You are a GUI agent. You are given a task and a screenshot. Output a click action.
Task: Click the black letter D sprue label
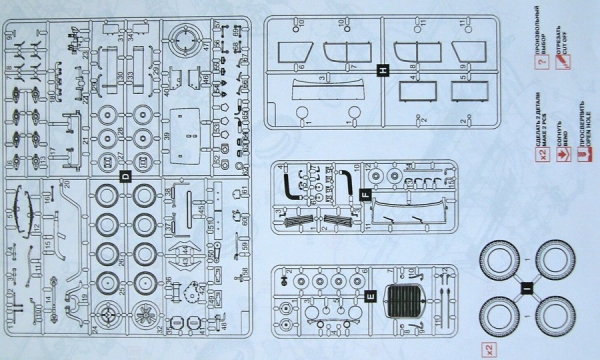tap(125, 176)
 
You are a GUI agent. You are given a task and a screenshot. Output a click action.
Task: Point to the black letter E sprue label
tap(370, 295)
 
